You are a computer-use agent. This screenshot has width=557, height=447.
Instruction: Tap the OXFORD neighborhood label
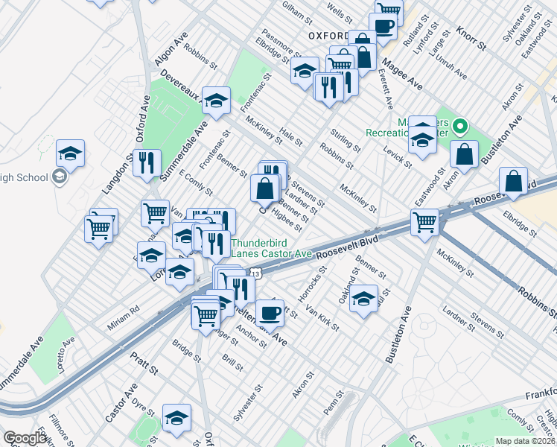pos(328,35)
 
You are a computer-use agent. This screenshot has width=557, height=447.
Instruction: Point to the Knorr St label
pos(470,36)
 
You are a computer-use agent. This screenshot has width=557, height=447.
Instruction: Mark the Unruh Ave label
pos(451,68)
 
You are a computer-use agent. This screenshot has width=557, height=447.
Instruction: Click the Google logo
pos(25,438)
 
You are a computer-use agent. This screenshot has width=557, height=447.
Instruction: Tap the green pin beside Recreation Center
pos(460,127)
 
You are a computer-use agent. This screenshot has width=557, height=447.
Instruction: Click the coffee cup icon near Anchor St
pos(270,312)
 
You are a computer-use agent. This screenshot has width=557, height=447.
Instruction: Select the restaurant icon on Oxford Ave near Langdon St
pos(147,162)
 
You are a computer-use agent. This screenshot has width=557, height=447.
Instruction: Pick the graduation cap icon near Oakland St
pos(363,299)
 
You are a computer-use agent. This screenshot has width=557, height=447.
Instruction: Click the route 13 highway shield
pos(255,274)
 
